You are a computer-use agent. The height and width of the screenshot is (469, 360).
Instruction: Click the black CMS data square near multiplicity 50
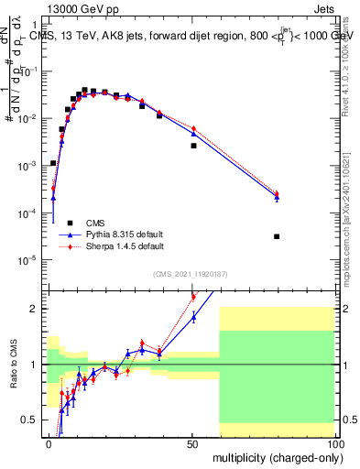coord(193,146)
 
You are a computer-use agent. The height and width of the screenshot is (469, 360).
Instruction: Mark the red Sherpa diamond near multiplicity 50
coord(193,128)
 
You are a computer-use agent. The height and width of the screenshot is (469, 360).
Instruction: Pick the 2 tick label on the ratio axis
coord(34,309)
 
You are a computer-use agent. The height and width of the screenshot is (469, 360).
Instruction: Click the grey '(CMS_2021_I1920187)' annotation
coord(191,273)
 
